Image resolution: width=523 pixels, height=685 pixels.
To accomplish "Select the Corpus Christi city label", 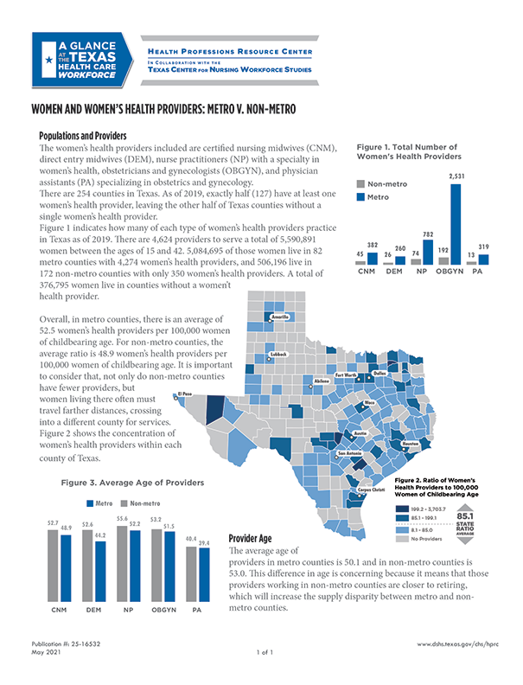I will tap(372, 490).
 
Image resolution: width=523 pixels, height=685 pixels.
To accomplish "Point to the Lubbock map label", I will tap(277, 353).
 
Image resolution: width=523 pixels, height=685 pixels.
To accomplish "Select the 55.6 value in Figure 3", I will tap(122, 517).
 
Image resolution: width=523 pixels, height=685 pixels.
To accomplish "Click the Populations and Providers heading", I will tap(84, 137).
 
